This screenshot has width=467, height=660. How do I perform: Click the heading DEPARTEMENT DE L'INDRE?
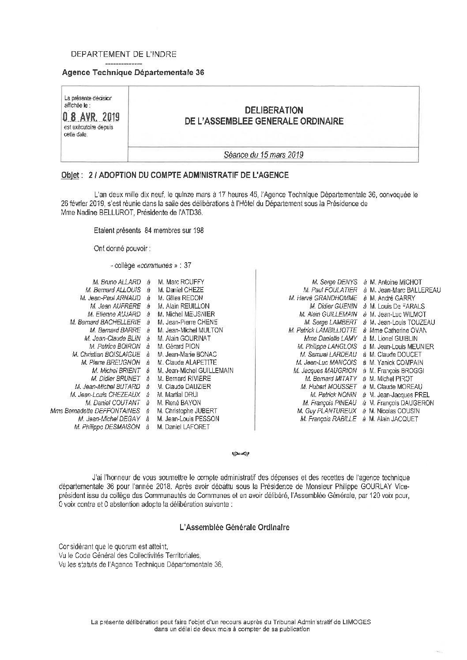coord(124,54)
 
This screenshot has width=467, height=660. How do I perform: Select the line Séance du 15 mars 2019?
coord(264,155)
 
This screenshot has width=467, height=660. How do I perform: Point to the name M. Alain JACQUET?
coord(394,419)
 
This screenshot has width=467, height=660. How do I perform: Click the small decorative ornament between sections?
coord(240,453)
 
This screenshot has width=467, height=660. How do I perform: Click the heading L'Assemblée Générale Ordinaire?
coord(234,528)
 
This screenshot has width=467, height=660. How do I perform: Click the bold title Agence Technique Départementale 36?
coord(133,73)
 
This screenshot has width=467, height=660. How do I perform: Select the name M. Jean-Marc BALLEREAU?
coord(405,290)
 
